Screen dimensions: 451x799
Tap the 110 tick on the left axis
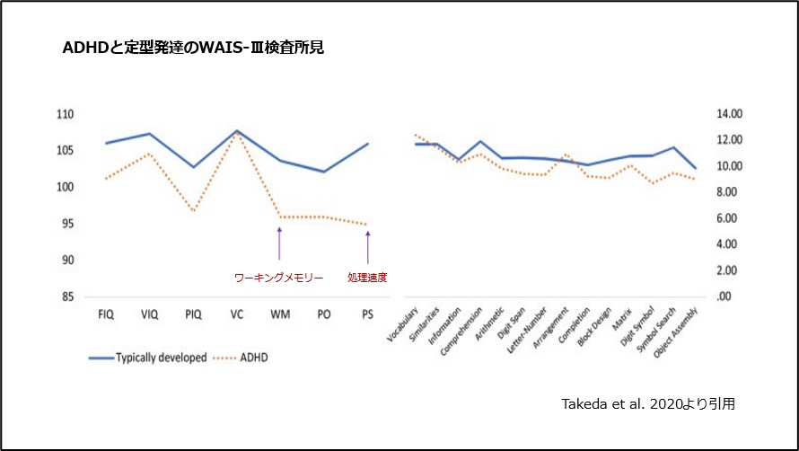pos(66,114)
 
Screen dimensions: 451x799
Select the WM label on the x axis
pos(279,314)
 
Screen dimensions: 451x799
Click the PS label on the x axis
pos(367,314)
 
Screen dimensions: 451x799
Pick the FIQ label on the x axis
pos(105,314)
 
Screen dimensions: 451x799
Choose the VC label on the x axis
pos(236,314)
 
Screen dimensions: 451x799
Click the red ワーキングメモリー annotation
pos(278,278)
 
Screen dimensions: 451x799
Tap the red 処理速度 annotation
pos(367,278)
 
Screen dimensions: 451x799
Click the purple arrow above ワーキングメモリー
pos(279,243)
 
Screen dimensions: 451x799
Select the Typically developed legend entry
pos(147,358)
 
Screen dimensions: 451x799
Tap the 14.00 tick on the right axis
pos(728,114)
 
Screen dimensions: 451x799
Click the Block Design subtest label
pos(593,327)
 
